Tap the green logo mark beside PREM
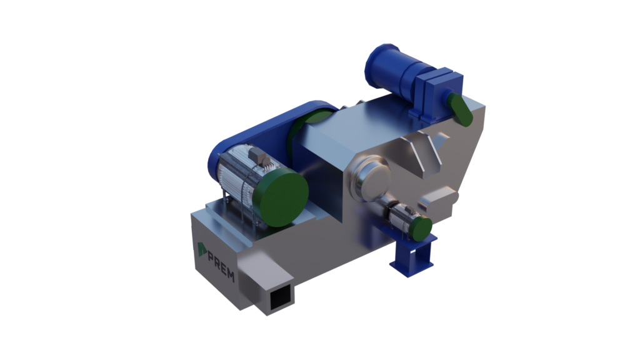(202, 249)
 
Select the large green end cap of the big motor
(281, 198)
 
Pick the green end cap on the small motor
(421, 229)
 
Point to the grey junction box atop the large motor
(257, 156)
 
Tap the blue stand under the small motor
(412, 255)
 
